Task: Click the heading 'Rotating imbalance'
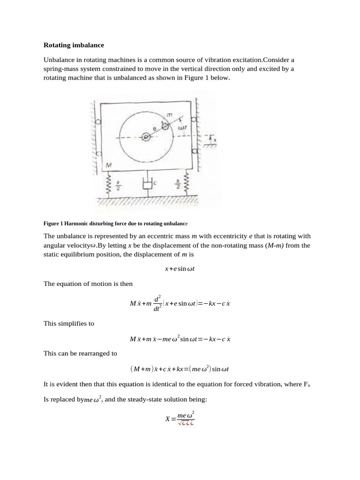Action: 74,45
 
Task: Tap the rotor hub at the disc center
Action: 146,136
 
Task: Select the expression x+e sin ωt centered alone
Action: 180,269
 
